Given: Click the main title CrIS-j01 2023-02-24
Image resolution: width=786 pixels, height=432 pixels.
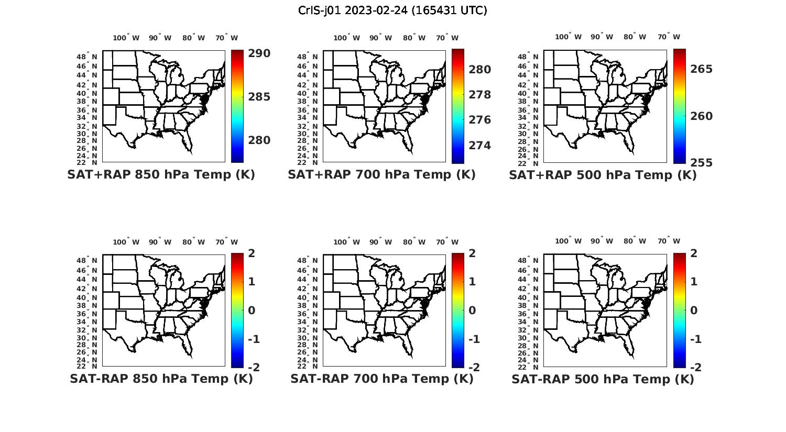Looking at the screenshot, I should pyautogui.click(x=392, y=10).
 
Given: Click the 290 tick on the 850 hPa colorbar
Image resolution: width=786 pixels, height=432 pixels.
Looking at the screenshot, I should pyautogui.click(x=259, y=53).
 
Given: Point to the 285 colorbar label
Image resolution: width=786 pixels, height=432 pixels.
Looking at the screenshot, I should pyautogui.click(x=259, y=97).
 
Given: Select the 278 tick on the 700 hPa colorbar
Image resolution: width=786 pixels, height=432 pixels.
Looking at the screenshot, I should pyautogui.click(x=479, y=95).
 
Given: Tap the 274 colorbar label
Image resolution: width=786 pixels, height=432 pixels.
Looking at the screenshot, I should pyautogui.click(x=479, y=146).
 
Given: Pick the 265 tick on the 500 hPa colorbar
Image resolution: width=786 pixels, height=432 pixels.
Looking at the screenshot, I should pyautogui.click(x=701, y=69).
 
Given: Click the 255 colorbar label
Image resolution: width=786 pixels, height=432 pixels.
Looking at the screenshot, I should pyautogui.click(x=701, y=163).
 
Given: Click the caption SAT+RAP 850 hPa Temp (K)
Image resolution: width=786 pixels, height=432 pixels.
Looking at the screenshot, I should pyautogui.click(x=161, y=175).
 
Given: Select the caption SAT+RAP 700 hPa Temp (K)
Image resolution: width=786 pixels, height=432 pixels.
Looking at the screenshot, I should pyautogui.click(x=381, y=175).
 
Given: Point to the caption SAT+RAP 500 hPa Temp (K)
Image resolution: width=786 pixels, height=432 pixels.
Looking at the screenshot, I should pyautogui.click(x=603, y=175).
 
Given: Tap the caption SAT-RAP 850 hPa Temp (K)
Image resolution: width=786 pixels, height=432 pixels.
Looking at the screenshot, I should pyautogui.click(x=161, y=379).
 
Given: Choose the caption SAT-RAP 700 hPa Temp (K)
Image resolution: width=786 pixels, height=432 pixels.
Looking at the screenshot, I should pyautogui.click(x=381, y=379).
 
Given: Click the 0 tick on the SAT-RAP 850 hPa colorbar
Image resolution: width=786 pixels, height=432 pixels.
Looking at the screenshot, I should pyautogui.click(x=252, y=311).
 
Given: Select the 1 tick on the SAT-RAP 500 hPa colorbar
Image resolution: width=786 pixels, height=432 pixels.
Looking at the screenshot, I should pyautogui.click(x=694, y=282).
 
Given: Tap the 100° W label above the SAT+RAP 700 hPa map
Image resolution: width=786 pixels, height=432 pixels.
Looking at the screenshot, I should pyautogui.click(x=346, y=38).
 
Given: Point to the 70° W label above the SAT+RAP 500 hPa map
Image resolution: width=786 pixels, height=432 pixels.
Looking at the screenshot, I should pyautogui.click(x=669, y=37).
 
